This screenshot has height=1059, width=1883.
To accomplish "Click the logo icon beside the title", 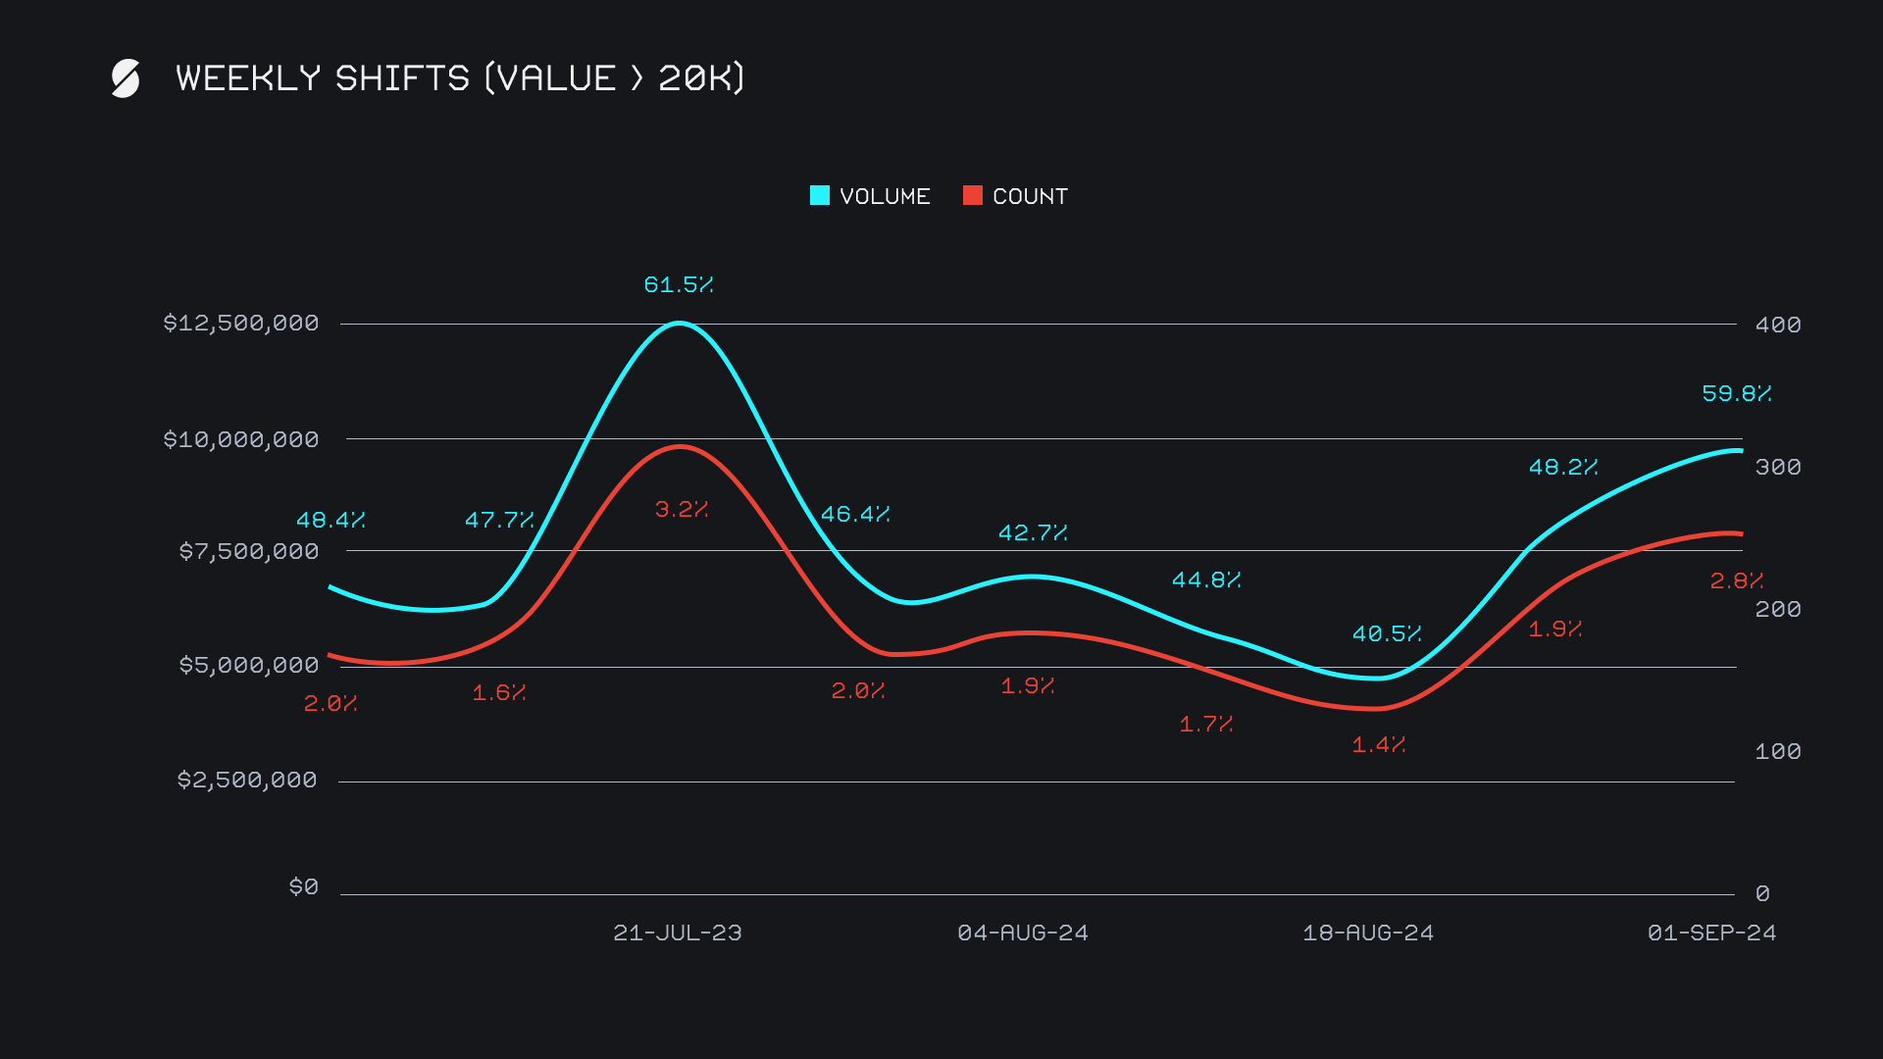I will coord(126,78).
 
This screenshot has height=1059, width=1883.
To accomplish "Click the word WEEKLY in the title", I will coord(248,78).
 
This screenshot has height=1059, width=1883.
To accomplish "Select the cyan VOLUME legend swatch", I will coord(820,195).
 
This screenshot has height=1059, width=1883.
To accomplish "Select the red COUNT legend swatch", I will coord(973,195).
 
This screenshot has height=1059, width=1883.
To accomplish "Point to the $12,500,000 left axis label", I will coord(241,323).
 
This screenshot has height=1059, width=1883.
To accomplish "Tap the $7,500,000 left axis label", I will coord(249,551).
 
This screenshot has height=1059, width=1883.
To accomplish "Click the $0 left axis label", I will coord(304,886).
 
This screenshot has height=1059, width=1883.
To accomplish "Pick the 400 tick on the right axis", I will coord(1778,325).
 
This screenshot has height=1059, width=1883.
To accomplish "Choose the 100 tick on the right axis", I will coord(1778,751).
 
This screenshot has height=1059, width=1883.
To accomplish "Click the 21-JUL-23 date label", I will coord(678,933).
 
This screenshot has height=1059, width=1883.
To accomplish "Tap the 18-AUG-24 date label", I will coord(1368,933).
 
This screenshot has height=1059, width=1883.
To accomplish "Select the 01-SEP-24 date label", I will coord(1712,933).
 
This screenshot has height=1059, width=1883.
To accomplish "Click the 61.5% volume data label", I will coord(679,284).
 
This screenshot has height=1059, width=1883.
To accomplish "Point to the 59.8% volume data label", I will coord(1737,393).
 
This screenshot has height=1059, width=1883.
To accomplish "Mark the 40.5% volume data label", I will coord(1387,633).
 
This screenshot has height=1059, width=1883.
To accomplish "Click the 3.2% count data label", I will coord(682,509).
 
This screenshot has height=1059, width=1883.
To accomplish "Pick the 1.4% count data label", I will coord(1379,744).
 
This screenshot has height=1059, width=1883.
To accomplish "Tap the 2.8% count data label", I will coord(1737,580).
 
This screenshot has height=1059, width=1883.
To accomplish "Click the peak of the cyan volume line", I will coord(679,323).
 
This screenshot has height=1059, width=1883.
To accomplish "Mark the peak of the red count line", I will coord(681,447).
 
